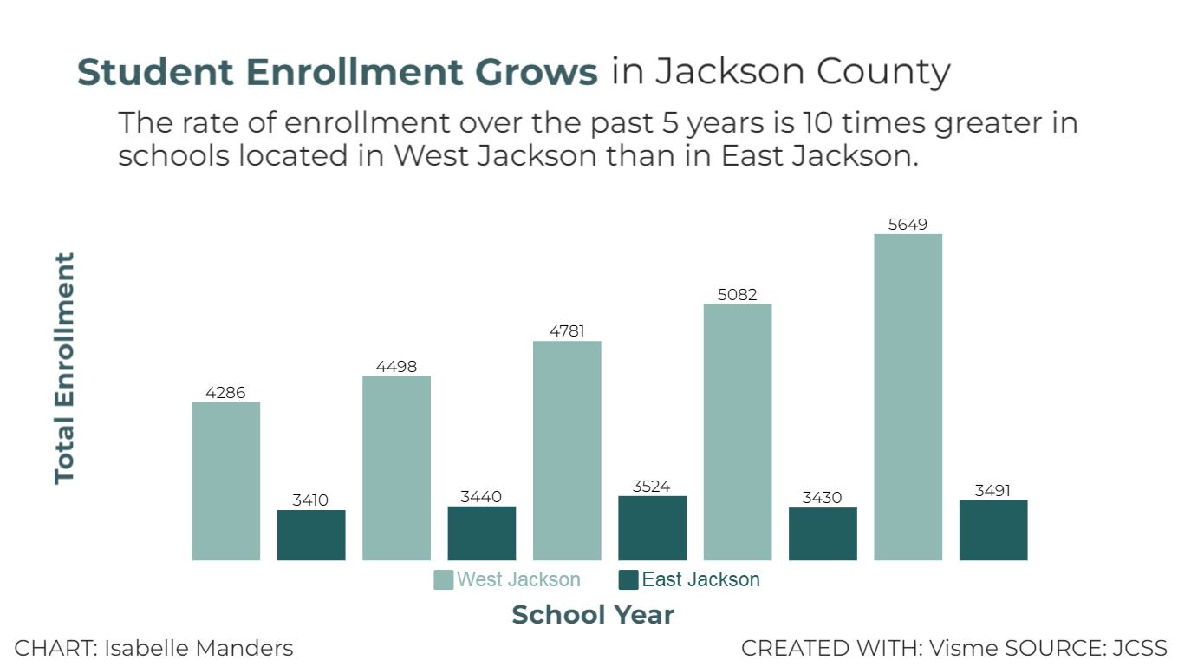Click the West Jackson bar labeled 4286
225,481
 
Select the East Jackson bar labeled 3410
311,534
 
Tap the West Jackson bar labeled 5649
908,396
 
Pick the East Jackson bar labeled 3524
652,527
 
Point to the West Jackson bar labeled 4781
567,450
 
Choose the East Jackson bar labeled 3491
993,529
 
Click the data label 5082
737,295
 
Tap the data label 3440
481,497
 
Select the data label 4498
396,367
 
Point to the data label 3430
823,498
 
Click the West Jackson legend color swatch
443,580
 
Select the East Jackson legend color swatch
628,580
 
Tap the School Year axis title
593,615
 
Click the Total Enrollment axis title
65,368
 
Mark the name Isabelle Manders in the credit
198,648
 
